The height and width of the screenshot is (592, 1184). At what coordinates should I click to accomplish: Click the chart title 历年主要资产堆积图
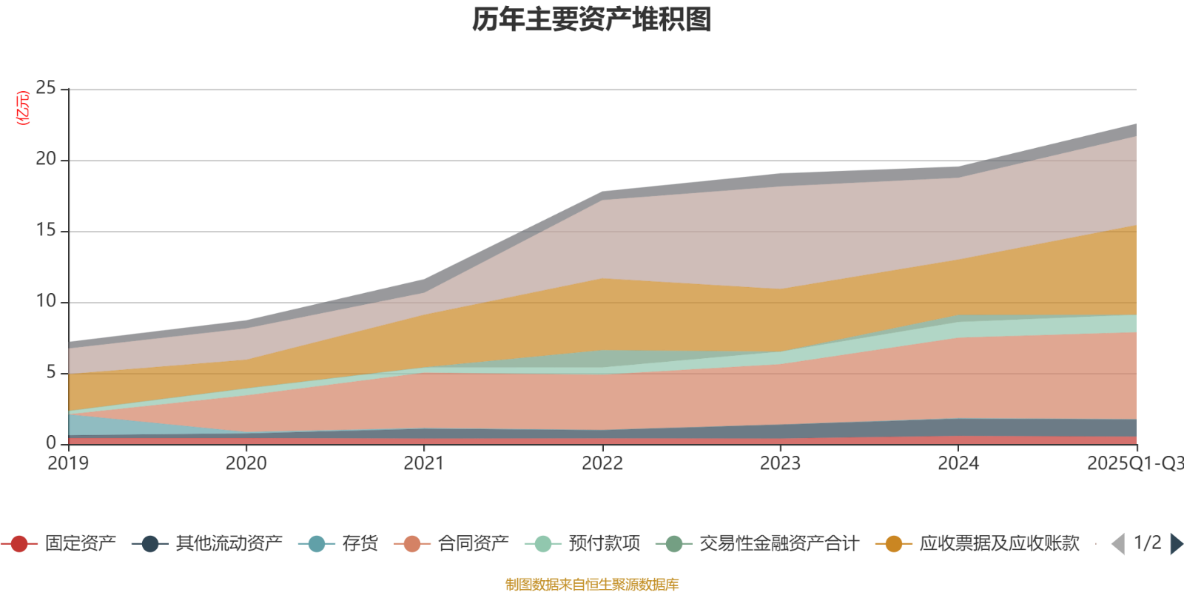592,20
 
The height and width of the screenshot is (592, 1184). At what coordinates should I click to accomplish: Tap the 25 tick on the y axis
46,89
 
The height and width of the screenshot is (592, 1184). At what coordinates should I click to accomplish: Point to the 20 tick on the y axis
46,160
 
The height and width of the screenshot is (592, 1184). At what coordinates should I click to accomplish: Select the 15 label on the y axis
46,231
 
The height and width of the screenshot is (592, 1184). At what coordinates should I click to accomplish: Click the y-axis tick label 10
46,302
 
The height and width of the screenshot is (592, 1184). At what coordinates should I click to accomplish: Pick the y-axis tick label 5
51,372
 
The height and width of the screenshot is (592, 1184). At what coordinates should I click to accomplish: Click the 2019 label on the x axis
68,464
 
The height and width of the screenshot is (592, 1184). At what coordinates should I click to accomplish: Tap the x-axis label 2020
246,464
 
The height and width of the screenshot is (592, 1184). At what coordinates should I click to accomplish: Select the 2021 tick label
424,464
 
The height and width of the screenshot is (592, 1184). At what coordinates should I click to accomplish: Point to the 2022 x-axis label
602,464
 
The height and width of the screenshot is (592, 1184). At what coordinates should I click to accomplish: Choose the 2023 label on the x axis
780,464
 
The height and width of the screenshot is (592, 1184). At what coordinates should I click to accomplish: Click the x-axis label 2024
958,464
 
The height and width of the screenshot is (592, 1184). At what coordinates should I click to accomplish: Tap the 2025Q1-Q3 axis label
1134,464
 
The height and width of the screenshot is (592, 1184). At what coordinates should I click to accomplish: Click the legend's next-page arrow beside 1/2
1176,544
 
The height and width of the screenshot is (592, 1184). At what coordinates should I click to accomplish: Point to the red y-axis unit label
23,108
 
